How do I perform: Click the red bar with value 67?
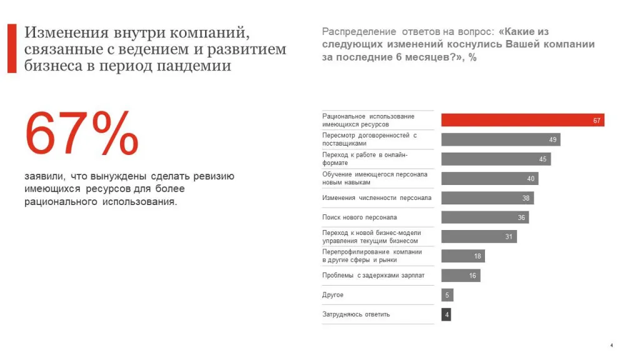[x=522, y=120]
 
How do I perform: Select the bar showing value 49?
[x=501, y=139]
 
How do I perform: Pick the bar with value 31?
[x=479, y=237]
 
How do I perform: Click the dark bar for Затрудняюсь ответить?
[x=446, y=314]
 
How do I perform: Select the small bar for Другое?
[x=447, y=295]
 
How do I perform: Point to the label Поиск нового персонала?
[x=359, y=217]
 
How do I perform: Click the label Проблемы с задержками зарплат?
[x=373, y=276]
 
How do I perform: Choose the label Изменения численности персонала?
[x=376, y=198]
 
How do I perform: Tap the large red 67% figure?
[x=81, y=134]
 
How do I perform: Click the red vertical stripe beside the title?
[x=12, y=49]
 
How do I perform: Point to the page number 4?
[x=611, y=346]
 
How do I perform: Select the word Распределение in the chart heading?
[x=359, y=32]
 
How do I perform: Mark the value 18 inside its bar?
[x=477, y=256]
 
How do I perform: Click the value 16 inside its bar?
[x=473, y=276]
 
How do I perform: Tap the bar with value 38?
[x=487, y=198]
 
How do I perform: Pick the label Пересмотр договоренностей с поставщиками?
[x=369, y=139]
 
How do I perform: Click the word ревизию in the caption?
[x=214, y=177]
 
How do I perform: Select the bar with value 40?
[x=489, y=179]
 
